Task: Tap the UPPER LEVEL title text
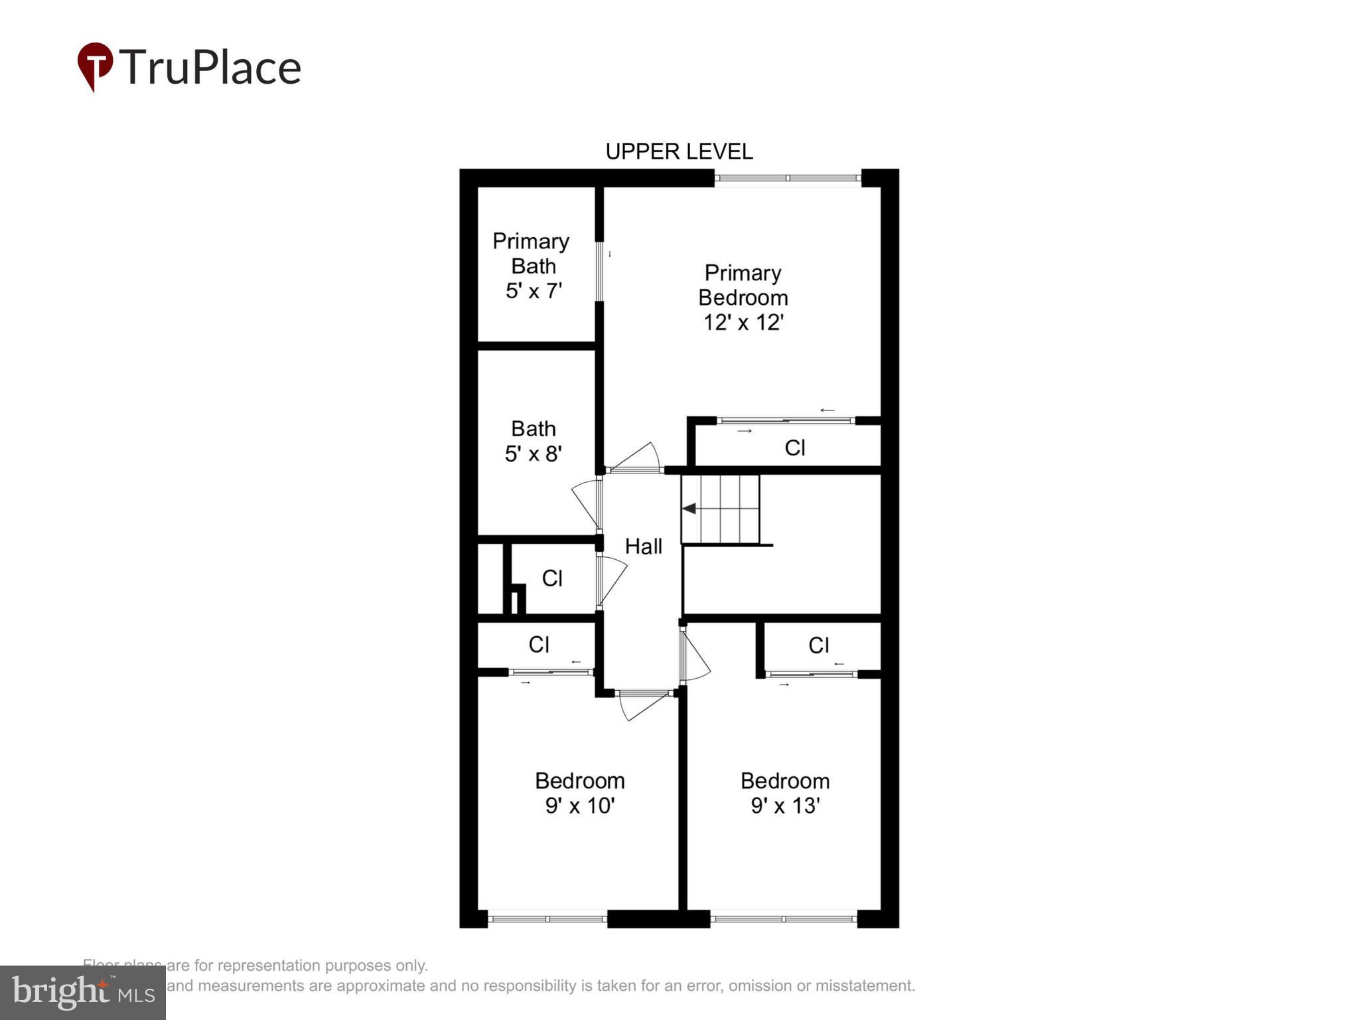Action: [679, 152]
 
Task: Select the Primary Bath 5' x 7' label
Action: [532, 266]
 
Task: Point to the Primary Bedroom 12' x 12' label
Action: [743, 297]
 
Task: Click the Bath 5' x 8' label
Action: [534, 441]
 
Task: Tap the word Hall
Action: [644, 547]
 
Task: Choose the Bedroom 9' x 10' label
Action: [580, 793]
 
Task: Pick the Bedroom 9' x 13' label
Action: [785, 793]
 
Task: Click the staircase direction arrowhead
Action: [689, 509]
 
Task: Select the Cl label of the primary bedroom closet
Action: [795, 448]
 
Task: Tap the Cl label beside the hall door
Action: [552, 578]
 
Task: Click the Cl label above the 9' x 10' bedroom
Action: [539, 645]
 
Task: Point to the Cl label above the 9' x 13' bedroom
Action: [819, 645]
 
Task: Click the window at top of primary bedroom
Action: [788, 178]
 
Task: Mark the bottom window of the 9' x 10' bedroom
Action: [547, 919]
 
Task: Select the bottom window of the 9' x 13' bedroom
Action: [784, 919]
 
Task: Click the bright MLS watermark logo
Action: [83, 993]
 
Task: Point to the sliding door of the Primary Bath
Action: [599, 272]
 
